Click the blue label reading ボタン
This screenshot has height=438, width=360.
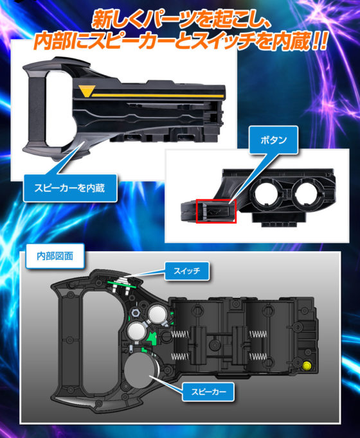point(273,139)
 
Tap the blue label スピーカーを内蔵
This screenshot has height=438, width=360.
point(70,188)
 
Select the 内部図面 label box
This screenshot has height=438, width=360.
point(55,256)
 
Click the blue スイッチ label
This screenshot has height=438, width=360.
point(186,270)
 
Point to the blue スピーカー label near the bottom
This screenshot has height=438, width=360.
point(208,392)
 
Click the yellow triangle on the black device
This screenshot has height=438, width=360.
point(87,91)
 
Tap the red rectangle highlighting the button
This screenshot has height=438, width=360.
point(216,211)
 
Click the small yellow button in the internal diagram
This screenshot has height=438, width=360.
point(307,365)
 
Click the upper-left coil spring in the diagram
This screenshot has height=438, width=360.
point(180,334)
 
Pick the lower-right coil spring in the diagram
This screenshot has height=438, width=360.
point(258,356)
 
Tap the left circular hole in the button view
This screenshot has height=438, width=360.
point(267,193)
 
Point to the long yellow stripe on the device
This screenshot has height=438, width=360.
point(158,96)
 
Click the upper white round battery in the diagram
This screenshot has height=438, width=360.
point(158,314)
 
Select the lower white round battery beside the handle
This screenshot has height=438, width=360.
point(137,331)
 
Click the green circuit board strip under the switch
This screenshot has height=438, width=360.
point(122,285)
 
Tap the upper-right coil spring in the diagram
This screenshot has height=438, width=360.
point(258,334)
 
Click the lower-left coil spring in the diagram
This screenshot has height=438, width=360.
point(180,356)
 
